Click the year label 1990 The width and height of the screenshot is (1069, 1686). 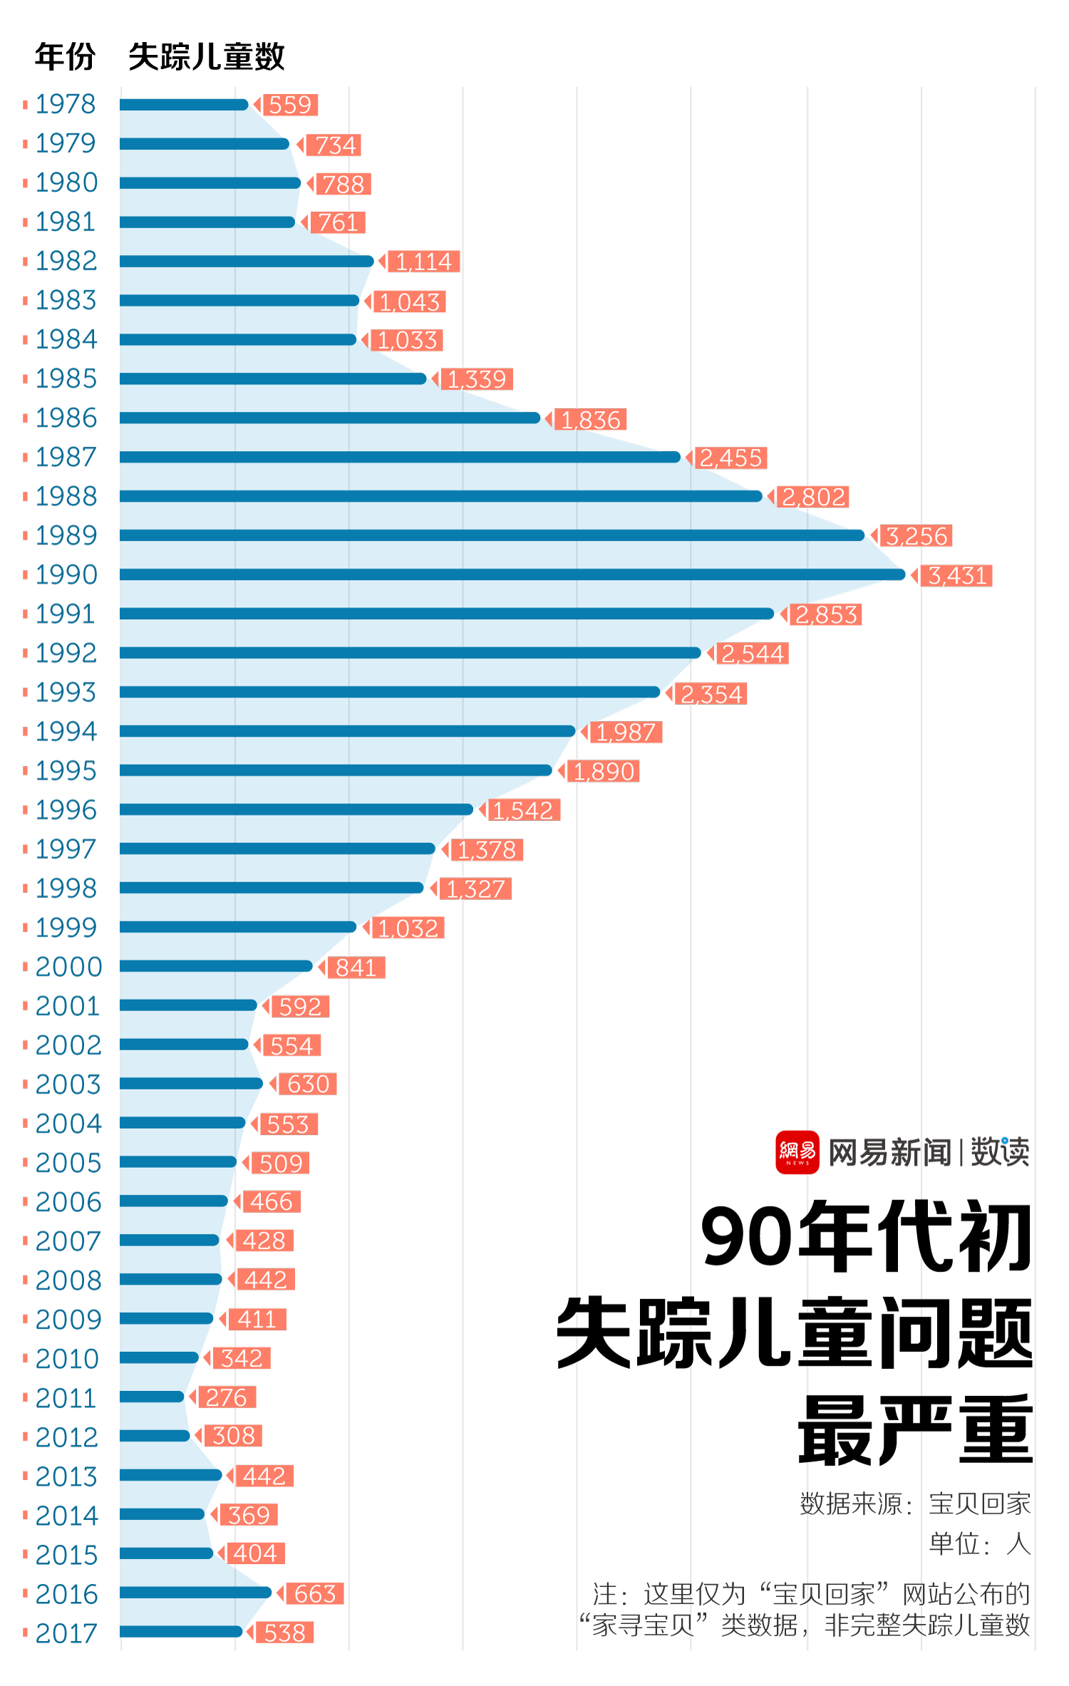pyautogui.click(x=66, y=574)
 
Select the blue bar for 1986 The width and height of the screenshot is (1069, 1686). pyautogui.click(x=329, y=418)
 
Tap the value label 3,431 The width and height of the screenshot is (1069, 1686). pyautogui.click(x=956, y=575)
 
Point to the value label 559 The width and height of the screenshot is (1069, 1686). pyautogui.click(x=289, y=105)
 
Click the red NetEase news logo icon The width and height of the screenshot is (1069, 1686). pyautogui.click(x=797, y=1152)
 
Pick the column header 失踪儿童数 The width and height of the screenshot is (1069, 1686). pyautogui.click(x=206, y=56)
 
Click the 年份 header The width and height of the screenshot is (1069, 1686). pyautogui.click(x=65, y=56)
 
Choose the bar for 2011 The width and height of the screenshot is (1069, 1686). pyautogui.click(x=152, y=1397)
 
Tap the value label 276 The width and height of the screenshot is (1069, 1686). pyautogui.click(x=226, y=1397)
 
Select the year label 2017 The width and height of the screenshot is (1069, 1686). pyautogui.click(x=66, y=1633)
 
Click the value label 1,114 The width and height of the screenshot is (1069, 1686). pyautogui.click(x=423, y=262)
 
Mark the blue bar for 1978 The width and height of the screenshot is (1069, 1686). pyautogui.click(x=184, y=105)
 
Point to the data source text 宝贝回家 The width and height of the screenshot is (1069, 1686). pyautogui.click(x=979, y=1504)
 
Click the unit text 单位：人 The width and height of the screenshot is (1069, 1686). pyautogui.click(x=979, y=1543)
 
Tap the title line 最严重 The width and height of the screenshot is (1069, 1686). pyautogui.click(x=915, y=1429)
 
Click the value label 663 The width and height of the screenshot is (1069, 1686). pyautogui.click(x=314, y=1593)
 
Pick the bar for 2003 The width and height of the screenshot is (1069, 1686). pyautogui.click(x=191, y=1084)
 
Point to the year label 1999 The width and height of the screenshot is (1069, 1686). pyautogui.click(x=66, y=927)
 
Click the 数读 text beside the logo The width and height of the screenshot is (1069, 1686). pyautogui.click(x=1000, y=1152)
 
